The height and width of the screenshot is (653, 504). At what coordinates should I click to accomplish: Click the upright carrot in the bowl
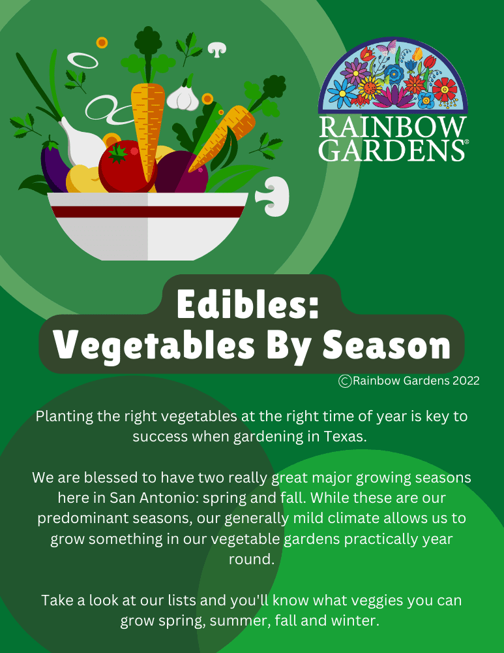pos(147,124)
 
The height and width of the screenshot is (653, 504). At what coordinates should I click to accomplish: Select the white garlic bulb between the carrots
pos(182,97)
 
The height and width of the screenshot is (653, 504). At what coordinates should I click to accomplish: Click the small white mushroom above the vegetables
pos(216,48)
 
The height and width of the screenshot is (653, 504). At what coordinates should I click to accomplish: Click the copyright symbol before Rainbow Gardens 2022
pos(345,381)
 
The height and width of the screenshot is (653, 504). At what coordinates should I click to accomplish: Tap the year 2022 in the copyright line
pos(466,381)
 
